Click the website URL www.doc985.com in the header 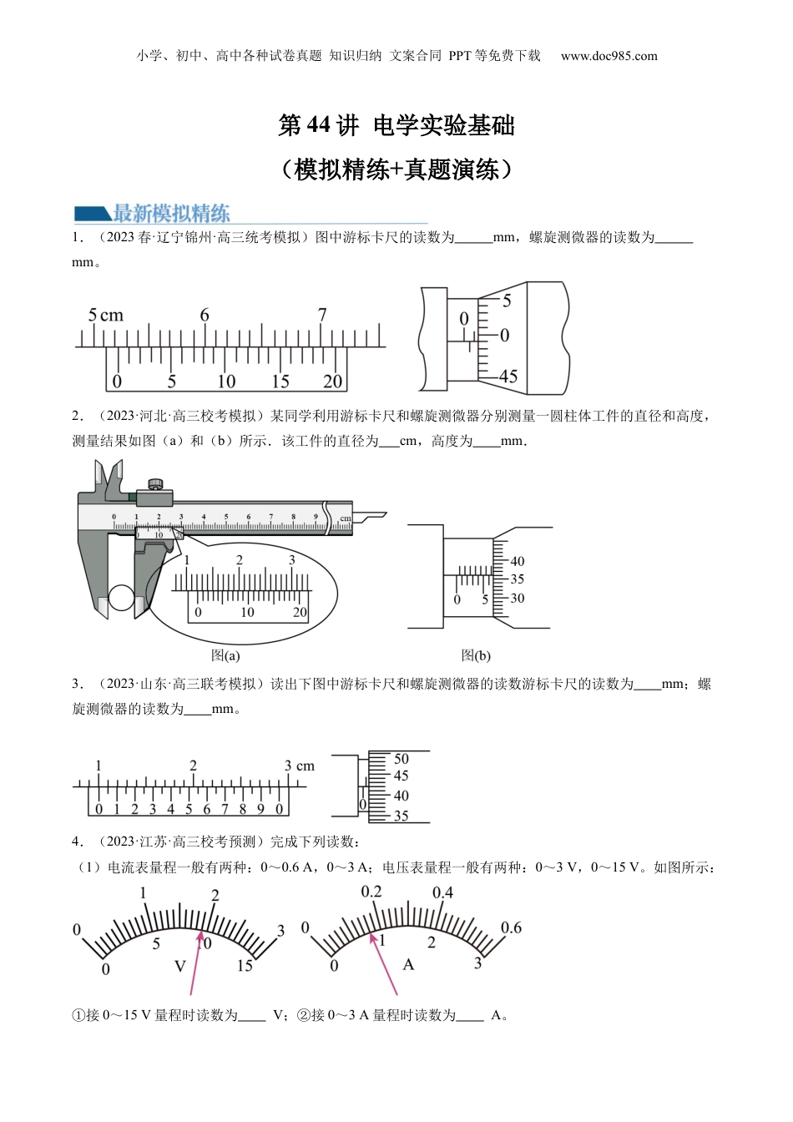pyautogui.click(x=609, y=56)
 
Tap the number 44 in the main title pyautogui.click(x=317, y=125)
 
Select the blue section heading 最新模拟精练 pyautogui.click(x=171, y=214)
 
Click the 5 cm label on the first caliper pyautogui.click(x=106, y=315)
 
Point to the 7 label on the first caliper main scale pyautogui.click(x=322, y=315)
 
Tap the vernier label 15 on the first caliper pyautogui.click(x=280, y=382)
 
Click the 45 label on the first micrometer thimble pyautogui.click(x=508, y=377)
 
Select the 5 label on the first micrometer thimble pyautogui.click(x=507, y=301)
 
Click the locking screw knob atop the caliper pyautogui.click(x=155, y=483)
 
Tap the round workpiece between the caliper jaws pyautogui.click(x=121, y=598)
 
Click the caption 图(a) pyautogui.click(x=225, y=655)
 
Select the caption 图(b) pyautogui.click(x=476, y=655)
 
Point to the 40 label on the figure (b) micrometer pyautogui.click(x=517, y=561)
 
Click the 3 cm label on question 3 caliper pyautogui.click(x=300, y=766)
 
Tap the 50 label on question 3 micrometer pyautogui.click(x=402, y=759)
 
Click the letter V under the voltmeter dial pyautogui.click(x=180, y=966)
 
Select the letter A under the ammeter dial pyautogui.click(x=409, y=964)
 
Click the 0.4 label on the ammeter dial pyautogui.click(x=443, y=892)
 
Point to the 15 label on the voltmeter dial pyautogui.click(x=245, y=965)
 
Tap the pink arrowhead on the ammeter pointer pyautogui.click(x=373, y=938)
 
